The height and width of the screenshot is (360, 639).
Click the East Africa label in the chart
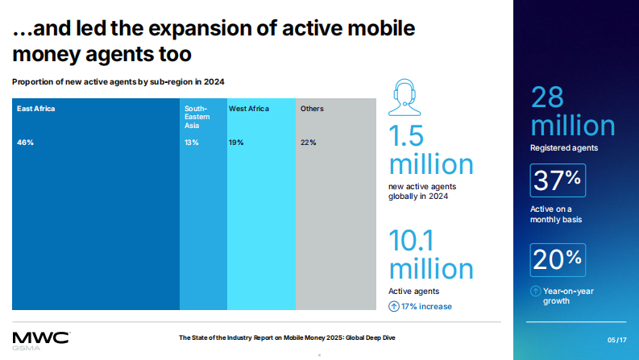(x=35, y=108)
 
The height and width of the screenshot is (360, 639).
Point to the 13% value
(x=191, y=143)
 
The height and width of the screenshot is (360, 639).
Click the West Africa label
(x=248, y=108)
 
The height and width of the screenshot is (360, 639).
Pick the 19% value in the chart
(x=236, y=143)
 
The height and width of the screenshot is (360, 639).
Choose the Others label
(x=312, y=108)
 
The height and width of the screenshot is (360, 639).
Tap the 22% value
(x=308, y=143)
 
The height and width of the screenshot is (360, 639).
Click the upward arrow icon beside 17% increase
(x=394, y=306)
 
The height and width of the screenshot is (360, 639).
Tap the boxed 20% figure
(x=557, y=259)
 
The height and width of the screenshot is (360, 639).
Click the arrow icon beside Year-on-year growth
(x=535, y=291)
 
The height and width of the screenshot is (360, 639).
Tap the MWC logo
(x=40, y=337)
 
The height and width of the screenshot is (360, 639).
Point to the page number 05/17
(x=616, y=339)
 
